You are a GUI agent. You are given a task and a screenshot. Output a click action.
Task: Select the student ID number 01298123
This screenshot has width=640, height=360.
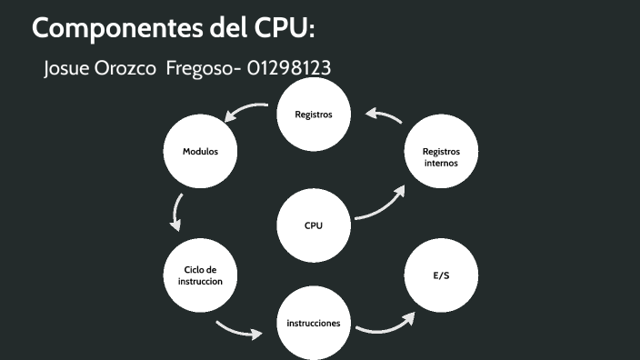(288, 69)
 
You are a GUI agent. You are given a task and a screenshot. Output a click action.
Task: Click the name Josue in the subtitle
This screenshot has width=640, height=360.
(68, 69)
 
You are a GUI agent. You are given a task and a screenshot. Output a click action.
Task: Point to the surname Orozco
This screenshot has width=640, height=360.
(125, 69)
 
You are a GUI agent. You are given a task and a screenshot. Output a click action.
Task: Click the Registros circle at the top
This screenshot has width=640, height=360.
(314, 115)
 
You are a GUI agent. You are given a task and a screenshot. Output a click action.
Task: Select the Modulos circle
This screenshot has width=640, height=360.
(200, 151)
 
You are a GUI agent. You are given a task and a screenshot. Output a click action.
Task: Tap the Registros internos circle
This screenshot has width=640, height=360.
(441, 156)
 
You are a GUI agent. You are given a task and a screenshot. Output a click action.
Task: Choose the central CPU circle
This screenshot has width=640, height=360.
(314, 225)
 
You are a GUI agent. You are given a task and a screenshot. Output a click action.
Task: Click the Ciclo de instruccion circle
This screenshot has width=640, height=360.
(200, 275)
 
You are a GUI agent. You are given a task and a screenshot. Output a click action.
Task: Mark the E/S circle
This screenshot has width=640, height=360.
(441, 275)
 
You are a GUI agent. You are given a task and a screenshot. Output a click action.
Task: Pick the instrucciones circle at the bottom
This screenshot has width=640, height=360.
(314, 324)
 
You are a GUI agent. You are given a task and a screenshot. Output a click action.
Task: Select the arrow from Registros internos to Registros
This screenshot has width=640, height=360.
(384, 115)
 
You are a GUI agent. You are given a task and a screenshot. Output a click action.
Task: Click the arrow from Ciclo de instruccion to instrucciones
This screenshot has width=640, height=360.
(237, 329)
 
